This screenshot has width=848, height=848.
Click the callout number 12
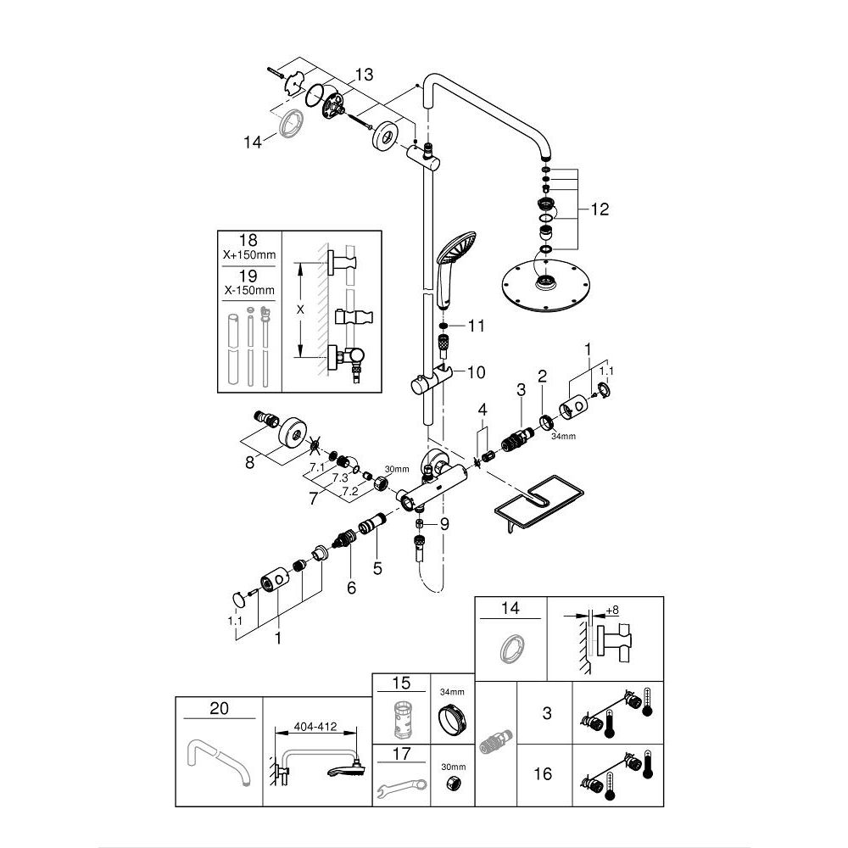[599, 209]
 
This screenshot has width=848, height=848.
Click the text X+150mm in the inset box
[249, 255]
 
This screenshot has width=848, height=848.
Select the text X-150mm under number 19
[249, 291]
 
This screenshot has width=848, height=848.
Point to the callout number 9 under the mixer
[444, 524]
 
